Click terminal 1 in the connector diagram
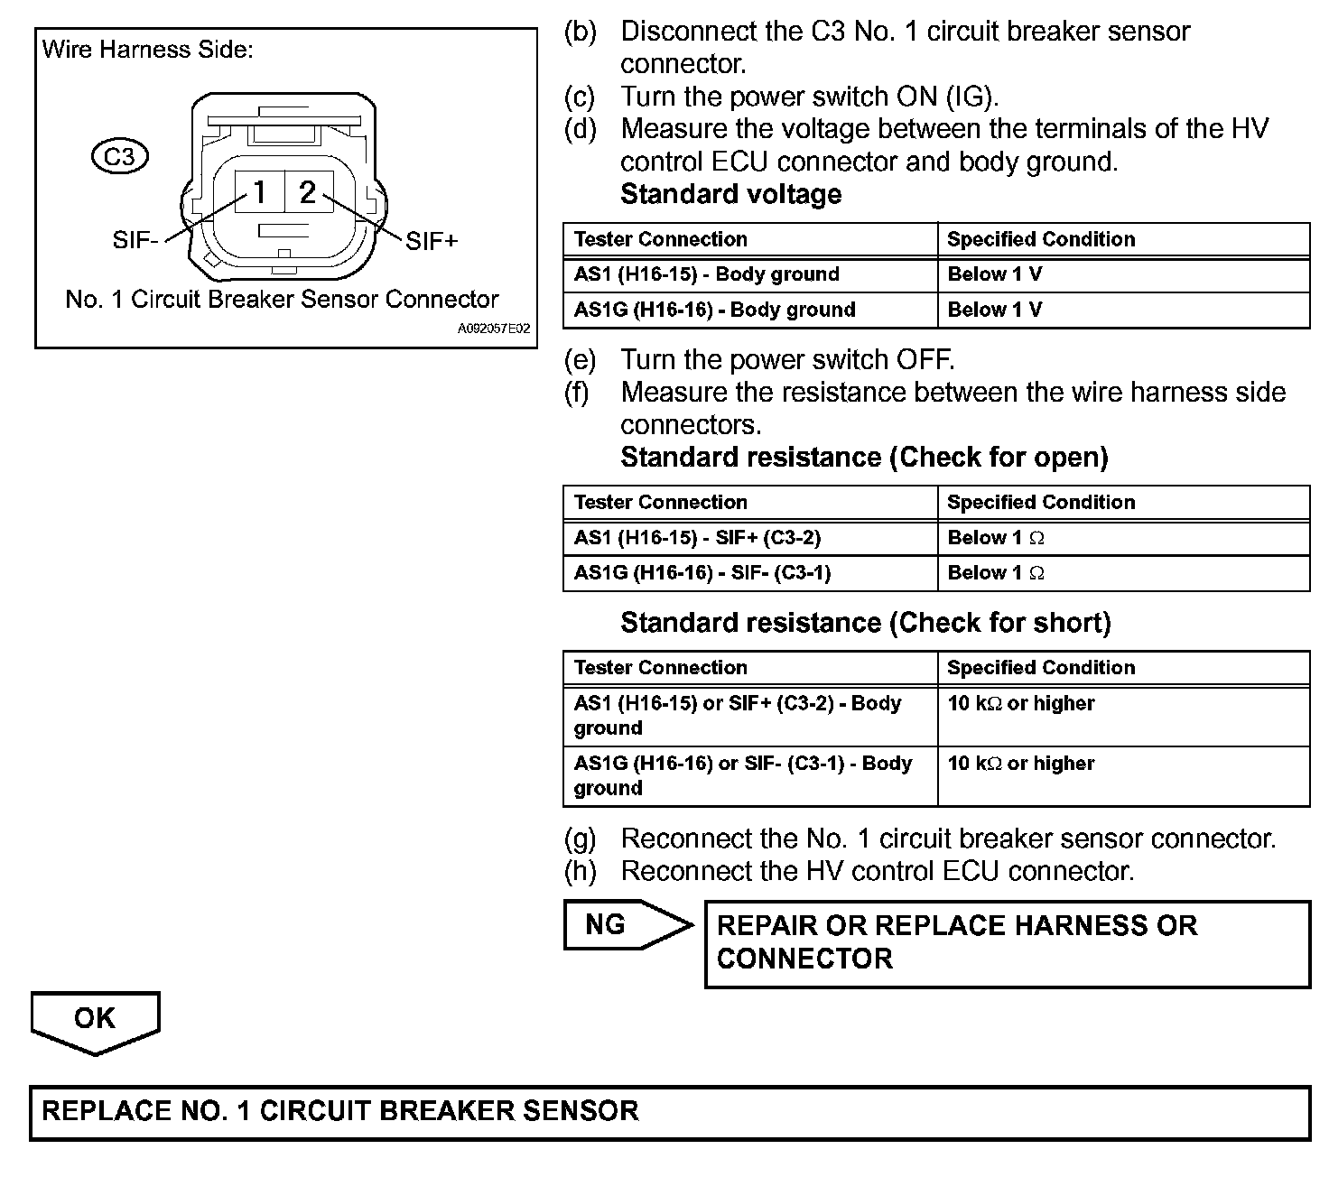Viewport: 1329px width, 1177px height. pyautogui.click(x=259, y=192)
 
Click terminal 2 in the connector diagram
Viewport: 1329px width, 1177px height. pyautogui.click(x=308, y=192)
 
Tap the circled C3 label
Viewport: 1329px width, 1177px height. pyautogui.click(x=119, y=157)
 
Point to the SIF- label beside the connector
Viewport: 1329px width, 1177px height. pyautogui.click(x=135, y=241)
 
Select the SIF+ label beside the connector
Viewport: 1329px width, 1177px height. pyautogui.click(x=432, y=241)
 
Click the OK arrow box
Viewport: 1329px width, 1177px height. pyautogui.click(x=95, y=1019)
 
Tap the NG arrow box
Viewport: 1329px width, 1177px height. pyautogui.click(x=623, y=924)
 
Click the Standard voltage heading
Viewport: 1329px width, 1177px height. pyautogui.click(x=731, y=194)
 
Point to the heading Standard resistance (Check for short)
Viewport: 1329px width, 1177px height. pyautogui.click(x=865, y=623)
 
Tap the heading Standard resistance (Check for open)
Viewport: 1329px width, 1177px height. pyautogui.click(x=864, y=458)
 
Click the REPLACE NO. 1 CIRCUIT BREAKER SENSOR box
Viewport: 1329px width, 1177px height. pyautogui.click(x=669, y=1112)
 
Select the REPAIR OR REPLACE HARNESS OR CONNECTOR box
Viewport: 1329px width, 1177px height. pyautogui.click(x=1007, y=943)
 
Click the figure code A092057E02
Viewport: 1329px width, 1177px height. pyautogui.click(x=493, y=329)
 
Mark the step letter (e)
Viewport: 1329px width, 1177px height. pyautogui.click(x=580, y=360)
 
